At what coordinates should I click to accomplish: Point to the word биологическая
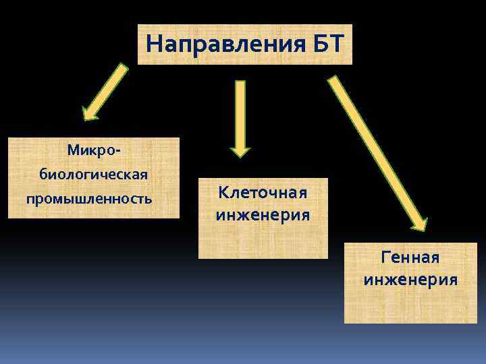pyautogui.click(x=94, y=175)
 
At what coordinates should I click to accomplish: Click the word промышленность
pyautogui.click(x=89, y=200)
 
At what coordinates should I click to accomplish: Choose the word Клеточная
pyautogui.click(x=263, y=193)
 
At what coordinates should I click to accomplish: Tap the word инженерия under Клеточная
pyautogui.click(x=263, y=216)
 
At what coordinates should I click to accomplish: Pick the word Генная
pyautogui.click(x=410, y=257)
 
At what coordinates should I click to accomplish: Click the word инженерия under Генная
pyautogui.click(x=410, y=280)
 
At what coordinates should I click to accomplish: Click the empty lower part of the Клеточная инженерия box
pyautogui.click(x=263, y=243)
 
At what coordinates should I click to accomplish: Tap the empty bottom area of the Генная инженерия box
pyautogui.click(x=410, y=307)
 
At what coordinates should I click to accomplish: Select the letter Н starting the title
pyautogui.click(x=153, y=44)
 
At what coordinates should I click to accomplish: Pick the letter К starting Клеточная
pyautogui.click(x=223, y=193)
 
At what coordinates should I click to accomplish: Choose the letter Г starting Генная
pyautogui.click(x=385, y=257)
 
